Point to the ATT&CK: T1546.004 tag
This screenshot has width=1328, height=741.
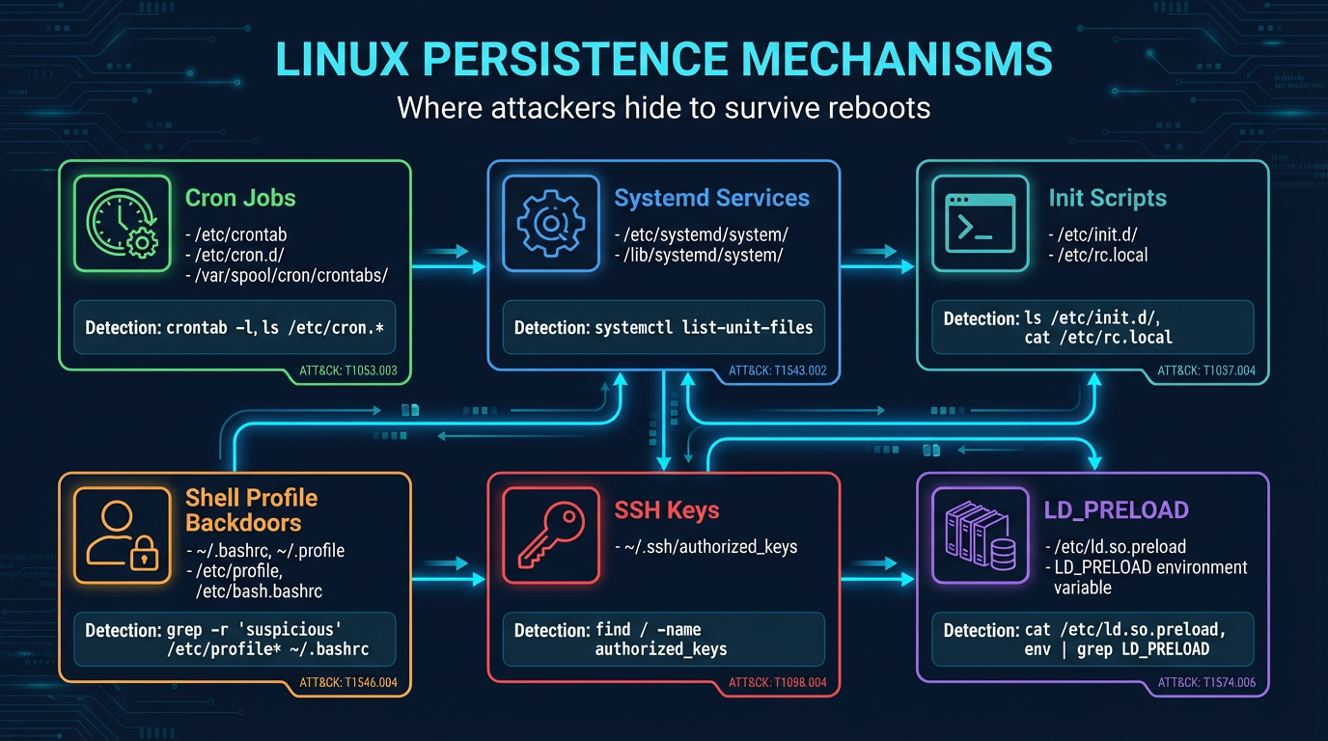pyautogui.click(x=355, y=682)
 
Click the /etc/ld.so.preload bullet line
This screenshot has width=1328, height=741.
pyautogui.click(x=1117, y=546)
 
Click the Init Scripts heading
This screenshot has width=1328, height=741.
pyautogui.click(x=1107, y=199)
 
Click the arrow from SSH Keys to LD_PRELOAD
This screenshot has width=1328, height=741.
pyautogui.click(x=878, y=578)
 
